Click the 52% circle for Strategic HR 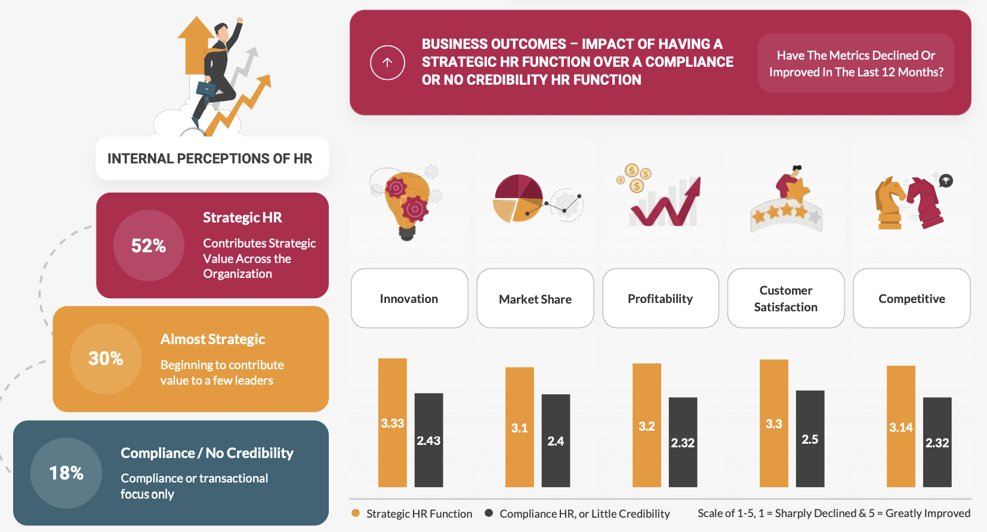tap(149, 245)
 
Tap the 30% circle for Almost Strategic tap(106, 358)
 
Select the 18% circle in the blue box tap(66, 473)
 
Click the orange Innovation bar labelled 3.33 tap(392, 423)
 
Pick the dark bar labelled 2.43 tap(428, 440)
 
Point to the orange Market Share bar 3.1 tap(520, 427)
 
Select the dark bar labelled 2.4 tap(556, 441)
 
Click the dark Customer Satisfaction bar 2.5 tap(810, 438)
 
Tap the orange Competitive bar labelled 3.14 tap(900, 426)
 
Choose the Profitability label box tap(661, 298)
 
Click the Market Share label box tap(535, 298)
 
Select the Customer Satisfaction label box tap(786, 298)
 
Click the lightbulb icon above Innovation tap(407, 203)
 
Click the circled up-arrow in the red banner tap(387, 63)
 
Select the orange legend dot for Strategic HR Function tap(356, 513)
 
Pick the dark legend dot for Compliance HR tap(489, 513)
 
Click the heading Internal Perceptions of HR tap(209, 159)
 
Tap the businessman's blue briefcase tap(206, 88)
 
